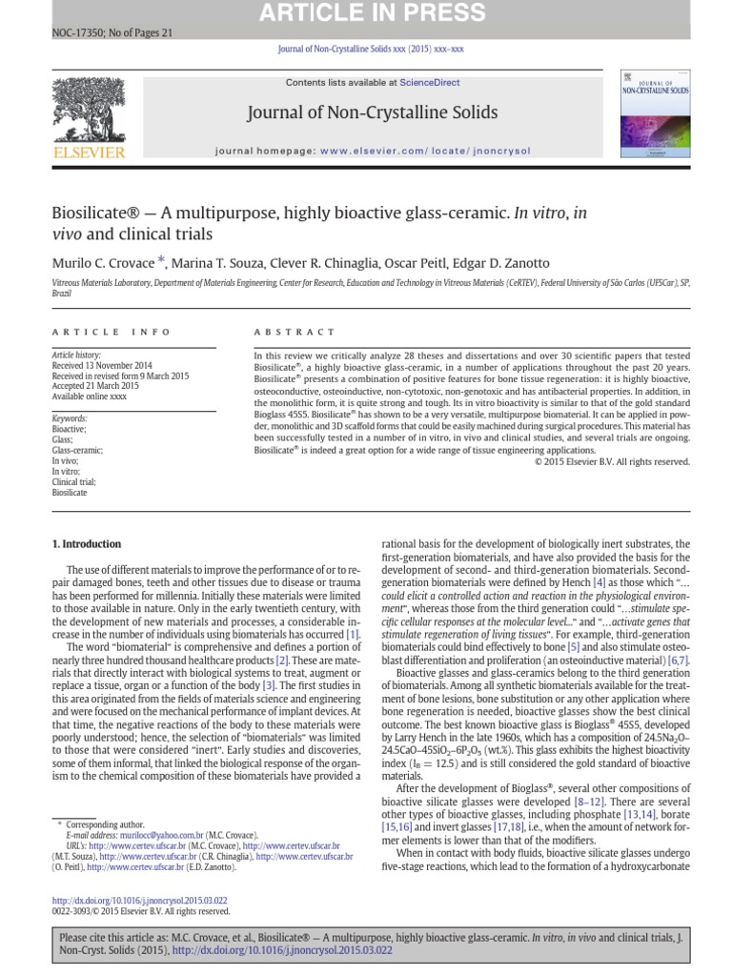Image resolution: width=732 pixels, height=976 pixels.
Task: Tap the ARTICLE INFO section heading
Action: pyautogui.click(x=112, y=332)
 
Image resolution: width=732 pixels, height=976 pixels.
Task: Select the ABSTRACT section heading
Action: pyautogui.click(x=295, y=332)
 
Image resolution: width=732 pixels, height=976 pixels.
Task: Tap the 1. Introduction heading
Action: pyautogui.click(x=85, y=544)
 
